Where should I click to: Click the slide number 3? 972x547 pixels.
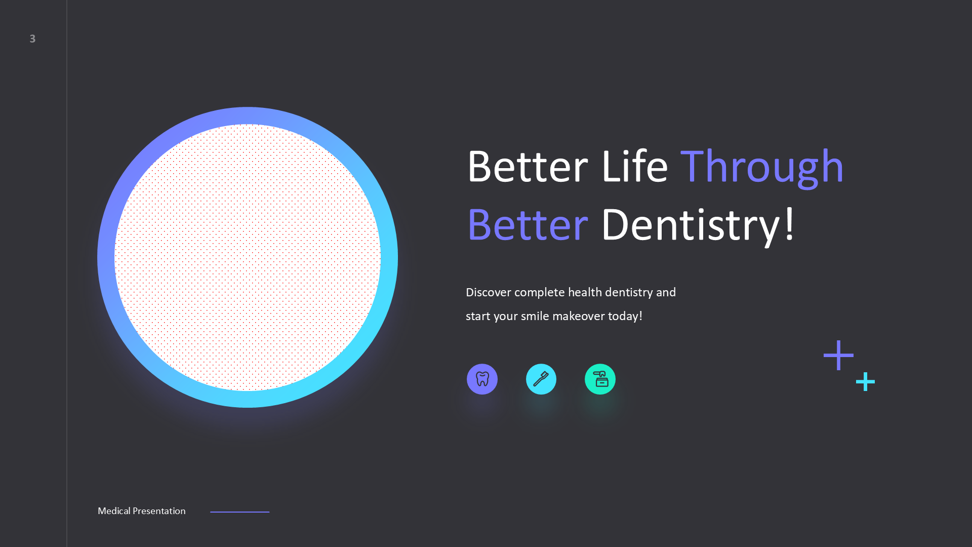(32, 39)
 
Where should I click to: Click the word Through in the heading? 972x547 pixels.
(762, 167)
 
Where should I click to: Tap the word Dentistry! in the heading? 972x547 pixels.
(698, 225)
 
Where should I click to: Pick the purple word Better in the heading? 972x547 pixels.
(528, 225)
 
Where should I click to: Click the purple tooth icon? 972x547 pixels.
(482, 379)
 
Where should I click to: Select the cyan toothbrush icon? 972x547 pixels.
(541, 379)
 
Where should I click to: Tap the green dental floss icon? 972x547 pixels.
(600, 379)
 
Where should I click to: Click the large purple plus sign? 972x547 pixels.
(838, 355)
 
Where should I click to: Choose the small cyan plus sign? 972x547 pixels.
(865, 381)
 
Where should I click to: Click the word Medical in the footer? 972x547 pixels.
(114, 511)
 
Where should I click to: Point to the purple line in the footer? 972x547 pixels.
(239, 512)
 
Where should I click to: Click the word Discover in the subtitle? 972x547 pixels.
(488, 293)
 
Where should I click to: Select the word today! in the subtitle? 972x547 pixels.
(625, 317)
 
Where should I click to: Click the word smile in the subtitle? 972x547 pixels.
(535, 317)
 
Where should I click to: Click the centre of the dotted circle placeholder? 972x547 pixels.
(248, 257)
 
